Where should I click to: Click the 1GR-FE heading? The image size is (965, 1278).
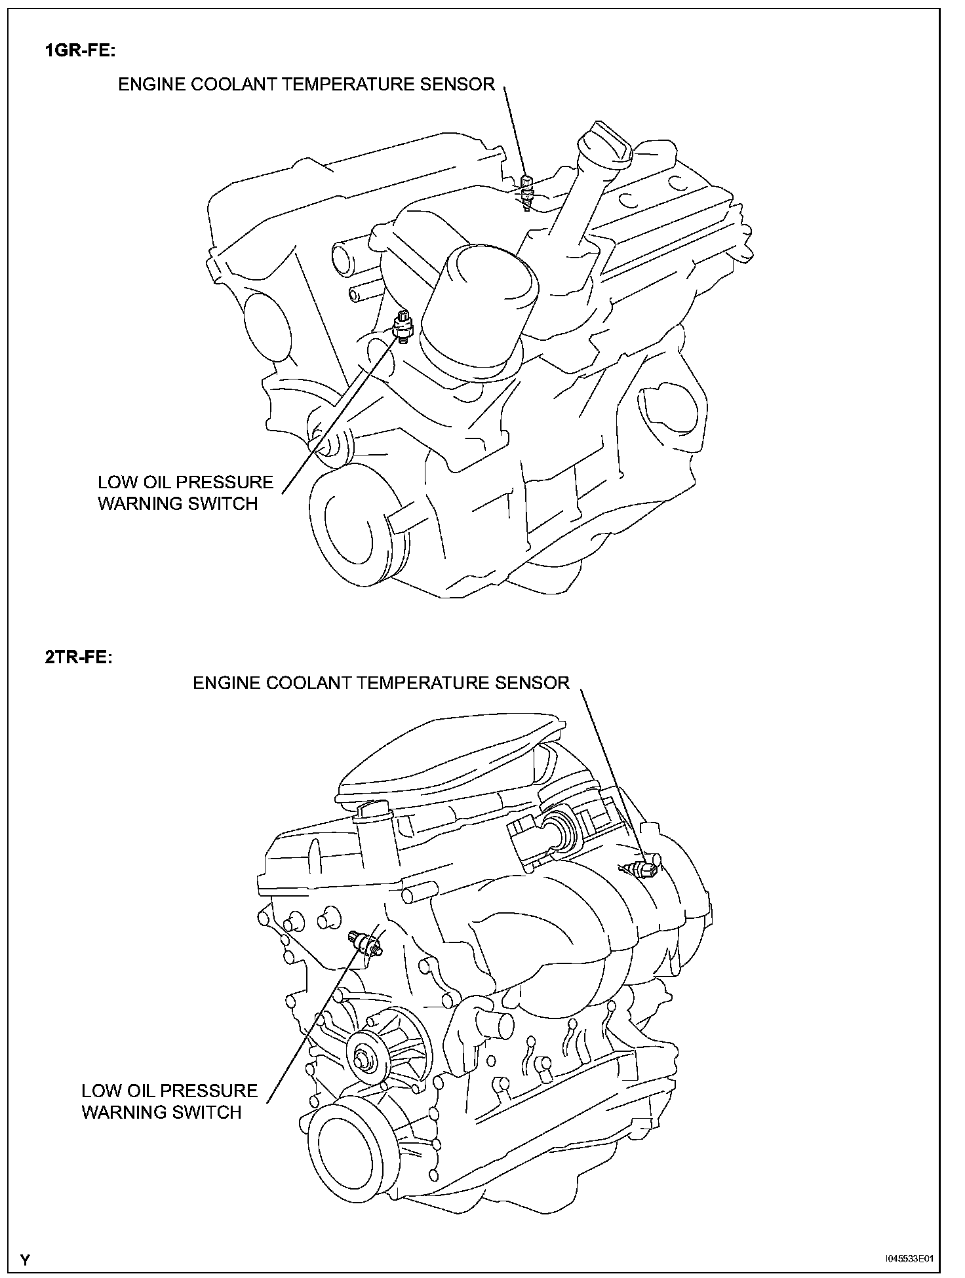point(79,52)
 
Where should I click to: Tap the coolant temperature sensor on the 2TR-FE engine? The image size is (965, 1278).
point(645,869)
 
